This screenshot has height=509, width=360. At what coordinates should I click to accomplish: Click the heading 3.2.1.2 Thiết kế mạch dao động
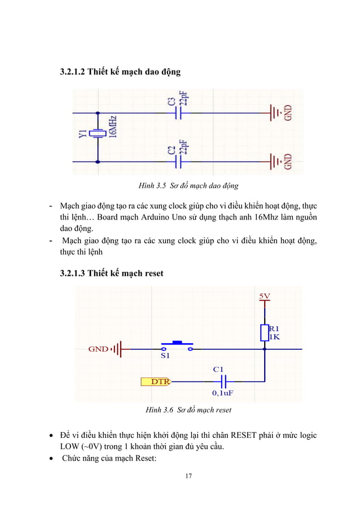(x=121, y=72)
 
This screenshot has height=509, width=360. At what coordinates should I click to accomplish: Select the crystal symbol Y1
(x=99, y=134)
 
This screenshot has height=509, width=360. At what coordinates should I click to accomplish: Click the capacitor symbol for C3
(x=179, y=113)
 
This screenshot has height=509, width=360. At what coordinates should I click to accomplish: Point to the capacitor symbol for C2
(x=179, y=162)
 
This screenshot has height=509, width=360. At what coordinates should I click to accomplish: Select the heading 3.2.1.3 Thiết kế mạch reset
(x=112, y=274)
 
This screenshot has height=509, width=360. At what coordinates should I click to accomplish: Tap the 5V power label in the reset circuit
(x=264, y=295)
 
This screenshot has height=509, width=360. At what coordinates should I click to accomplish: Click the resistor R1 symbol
(x=264, y=333)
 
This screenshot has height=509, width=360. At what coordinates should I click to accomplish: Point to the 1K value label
(x=274, y=337)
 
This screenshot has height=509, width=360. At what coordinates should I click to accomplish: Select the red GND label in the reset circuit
(x=98, y=349)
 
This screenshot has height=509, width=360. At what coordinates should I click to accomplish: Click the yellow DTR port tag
(x=158, y=381)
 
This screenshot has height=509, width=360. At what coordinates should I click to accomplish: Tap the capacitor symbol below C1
(x=222, y=381)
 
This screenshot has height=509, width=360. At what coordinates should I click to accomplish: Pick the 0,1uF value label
(x=223, y=392)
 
